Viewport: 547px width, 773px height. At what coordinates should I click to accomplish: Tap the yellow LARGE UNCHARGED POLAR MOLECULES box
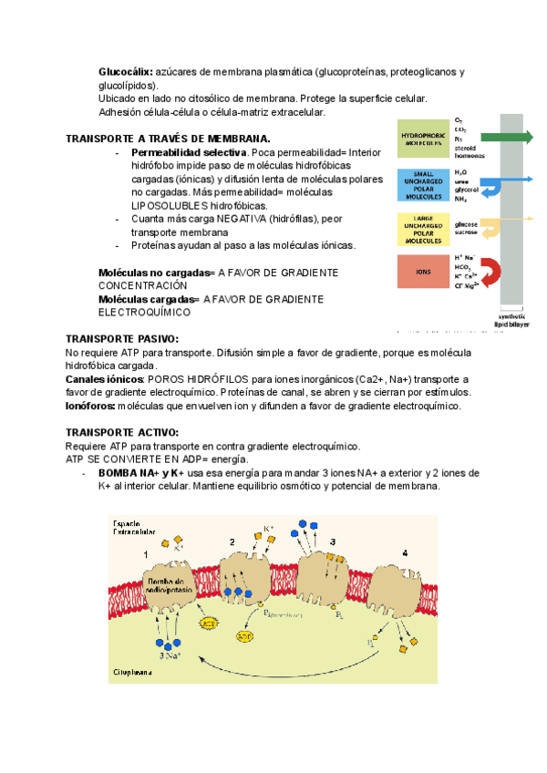coord(421,229)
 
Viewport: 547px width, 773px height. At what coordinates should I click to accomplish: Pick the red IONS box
coord(421,272)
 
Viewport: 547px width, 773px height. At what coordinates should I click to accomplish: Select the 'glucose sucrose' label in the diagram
coord(466,228)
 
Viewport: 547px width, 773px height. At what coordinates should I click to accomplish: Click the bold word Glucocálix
coord(126,72)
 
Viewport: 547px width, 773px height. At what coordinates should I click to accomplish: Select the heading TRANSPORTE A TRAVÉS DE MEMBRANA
coord(168,139)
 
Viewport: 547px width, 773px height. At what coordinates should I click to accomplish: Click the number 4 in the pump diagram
coord(404,552)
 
